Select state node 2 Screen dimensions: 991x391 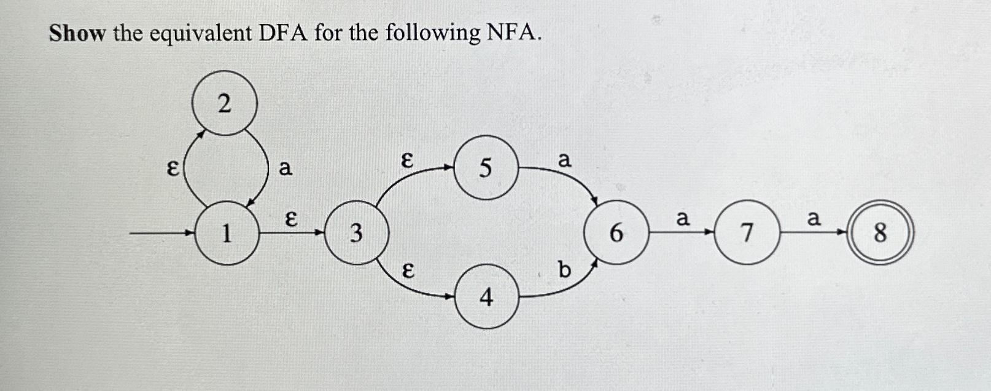(x=224, y=103)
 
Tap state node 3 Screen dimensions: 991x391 (x=356, y=233)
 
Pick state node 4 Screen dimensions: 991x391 (x=486, y=297)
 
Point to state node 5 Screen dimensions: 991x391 (x=486, y=167)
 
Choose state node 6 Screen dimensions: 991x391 (x=616, y=233)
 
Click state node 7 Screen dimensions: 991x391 (x=747, y=233)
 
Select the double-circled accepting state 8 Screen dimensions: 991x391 (x=880, y=233)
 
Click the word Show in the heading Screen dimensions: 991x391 (x=77, y=33)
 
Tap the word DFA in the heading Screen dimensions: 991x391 (x=282, y=33)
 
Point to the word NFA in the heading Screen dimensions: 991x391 (x=513, y=33)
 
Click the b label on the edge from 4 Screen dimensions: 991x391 (x=564, y=269)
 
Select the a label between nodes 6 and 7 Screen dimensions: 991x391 (x=682, y=218)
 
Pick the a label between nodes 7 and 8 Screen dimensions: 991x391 (x=814, y=218)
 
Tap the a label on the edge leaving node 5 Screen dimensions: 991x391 (x=564, y=160)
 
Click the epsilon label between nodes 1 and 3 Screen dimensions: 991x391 (x=292, y=218)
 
